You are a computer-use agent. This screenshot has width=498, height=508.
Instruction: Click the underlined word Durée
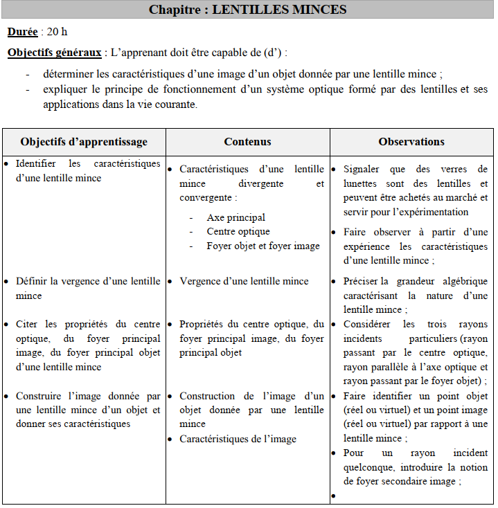23,32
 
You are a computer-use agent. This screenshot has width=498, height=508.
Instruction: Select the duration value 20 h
57,32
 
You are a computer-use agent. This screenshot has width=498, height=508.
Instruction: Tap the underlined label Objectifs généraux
55,53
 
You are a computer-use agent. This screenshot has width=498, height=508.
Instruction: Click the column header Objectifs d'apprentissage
84,141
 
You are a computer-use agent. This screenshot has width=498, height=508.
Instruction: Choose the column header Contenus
247,141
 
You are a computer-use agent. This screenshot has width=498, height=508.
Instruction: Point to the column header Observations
411,141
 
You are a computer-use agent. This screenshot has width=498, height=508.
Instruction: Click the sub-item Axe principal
235,217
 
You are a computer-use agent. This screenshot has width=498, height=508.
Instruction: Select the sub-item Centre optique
238,231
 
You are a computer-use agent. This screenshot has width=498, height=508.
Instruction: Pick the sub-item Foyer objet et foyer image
263,246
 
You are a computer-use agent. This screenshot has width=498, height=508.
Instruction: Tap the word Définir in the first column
33,281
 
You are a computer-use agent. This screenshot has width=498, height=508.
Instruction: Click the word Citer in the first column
28,324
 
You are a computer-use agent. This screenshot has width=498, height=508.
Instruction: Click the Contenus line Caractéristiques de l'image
238,439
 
